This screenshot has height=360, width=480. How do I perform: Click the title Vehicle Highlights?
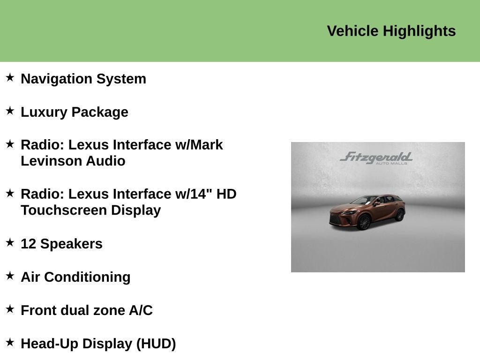pos(391,31)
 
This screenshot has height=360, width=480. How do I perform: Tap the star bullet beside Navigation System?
pos(10,77)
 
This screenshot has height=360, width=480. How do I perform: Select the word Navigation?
pos(56,79)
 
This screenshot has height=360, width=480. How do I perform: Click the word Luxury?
pos(44,112)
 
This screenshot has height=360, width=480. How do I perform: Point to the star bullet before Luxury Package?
pos(10,111)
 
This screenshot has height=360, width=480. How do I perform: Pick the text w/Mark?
pos(199,145)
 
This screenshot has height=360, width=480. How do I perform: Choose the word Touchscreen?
pos(64,210)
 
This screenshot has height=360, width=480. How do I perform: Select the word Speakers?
pos(71,244)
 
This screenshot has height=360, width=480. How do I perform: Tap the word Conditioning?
pos(87,277)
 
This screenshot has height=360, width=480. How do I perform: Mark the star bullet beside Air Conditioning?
pos(10,276)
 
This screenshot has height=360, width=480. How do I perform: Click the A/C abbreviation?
pos(141,310)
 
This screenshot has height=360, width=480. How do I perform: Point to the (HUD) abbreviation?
pos(156,344)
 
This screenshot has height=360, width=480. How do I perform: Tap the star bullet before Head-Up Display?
pos(10,342)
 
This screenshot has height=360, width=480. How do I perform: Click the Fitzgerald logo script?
pos(376,157)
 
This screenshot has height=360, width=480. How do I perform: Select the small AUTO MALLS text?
pos(391,164)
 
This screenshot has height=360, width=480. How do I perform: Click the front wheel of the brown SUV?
pos(364,222)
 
